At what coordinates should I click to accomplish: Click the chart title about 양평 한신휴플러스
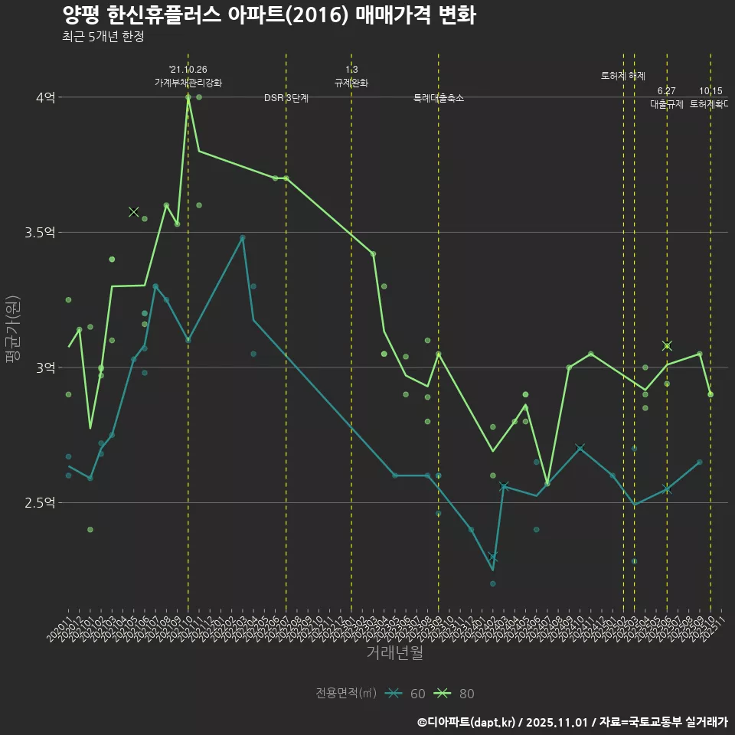269,15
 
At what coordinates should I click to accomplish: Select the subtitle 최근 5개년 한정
103,37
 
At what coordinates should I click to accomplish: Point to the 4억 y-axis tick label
45,97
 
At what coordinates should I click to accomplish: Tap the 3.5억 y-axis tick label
40,233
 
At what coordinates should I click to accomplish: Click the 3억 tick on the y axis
45,367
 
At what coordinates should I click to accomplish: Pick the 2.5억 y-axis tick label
40,503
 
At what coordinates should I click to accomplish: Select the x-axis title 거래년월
394,652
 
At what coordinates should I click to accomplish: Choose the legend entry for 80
455,694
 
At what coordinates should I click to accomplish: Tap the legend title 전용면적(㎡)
346,694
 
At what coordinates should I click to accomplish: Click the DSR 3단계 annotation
286,99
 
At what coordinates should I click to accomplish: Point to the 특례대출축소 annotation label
438,99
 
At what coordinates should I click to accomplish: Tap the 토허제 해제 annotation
623,76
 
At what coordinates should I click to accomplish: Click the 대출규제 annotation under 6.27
666,104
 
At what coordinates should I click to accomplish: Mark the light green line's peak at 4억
188,97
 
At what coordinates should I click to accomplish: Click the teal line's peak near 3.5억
243,237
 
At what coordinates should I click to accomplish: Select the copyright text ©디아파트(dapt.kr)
468,721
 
